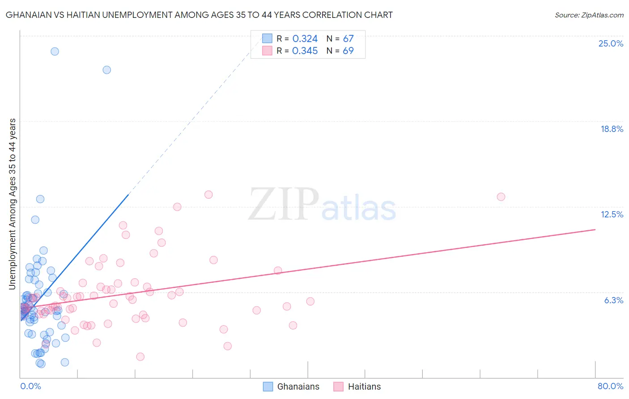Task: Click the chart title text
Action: click(199, 15)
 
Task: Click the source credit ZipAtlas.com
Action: click(589, 15)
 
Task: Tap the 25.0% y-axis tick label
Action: click(611, 43)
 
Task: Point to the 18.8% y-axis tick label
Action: click(612, 129)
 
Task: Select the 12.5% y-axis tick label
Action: click(612, 214)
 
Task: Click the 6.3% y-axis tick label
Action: click(613, 300)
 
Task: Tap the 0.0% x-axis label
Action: click(30, 386)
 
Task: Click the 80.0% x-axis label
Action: click(610, 386)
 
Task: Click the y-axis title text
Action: click(13, 204)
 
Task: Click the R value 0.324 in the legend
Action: click(305, 39)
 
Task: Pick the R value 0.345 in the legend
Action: click(305, 51)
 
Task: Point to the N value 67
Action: click(348, 39)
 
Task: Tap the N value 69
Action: click(348, 51)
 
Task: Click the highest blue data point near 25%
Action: click(55, 51)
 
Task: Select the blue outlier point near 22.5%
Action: click(106, 70)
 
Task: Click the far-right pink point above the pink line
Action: click(501, 197)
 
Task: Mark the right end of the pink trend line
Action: click(595, 229)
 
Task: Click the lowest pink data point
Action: click(140, 357)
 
